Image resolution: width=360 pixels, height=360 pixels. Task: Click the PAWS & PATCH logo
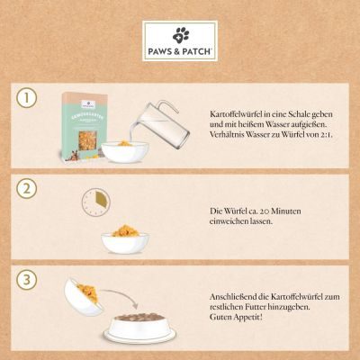[180, 40]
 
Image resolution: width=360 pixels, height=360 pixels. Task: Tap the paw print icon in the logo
[180, 33]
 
